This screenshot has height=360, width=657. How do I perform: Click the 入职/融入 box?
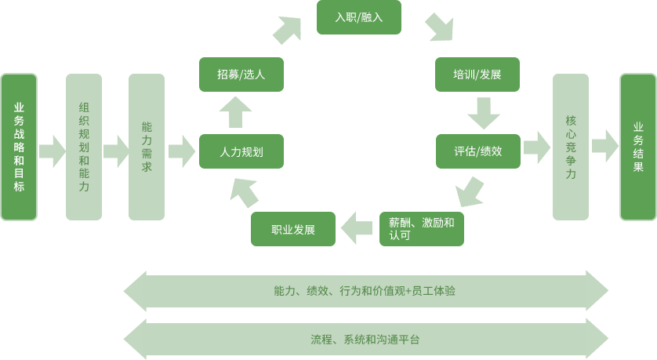coord(358,17)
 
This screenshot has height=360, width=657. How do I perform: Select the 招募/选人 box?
coord(241,75)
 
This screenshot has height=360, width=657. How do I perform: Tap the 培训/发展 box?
coord(477,75)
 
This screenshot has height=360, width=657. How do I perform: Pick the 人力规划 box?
coord(241,151)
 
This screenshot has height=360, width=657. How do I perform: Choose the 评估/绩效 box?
coord(478,151)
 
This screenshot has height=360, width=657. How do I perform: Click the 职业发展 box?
coord(293,229)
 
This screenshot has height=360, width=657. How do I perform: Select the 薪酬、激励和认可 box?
coord(422,229)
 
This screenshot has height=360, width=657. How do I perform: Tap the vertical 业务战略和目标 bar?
coord(19,147)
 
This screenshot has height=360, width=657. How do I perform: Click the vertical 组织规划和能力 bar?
coord(84,147)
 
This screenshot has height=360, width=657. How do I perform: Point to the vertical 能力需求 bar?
coord(147,147)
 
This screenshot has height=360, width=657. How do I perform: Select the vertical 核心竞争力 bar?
coord(571,147)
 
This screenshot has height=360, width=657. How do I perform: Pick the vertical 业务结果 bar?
coord(638,147)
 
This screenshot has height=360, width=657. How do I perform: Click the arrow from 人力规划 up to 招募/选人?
coord(235,112)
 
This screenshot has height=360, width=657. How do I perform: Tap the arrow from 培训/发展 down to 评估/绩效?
coord(484,113)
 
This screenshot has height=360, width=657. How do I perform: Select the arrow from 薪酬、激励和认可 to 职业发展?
coord(357,228)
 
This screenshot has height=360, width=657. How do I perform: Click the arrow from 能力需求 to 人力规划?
coord(182,151)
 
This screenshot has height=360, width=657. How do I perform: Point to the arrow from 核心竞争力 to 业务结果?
coord(605,146)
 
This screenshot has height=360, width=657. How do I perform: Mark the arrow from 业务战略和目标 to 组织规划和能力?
coord(53,151)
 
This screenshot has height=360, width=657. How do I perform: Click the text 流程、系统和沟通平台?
coord(365,340)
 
